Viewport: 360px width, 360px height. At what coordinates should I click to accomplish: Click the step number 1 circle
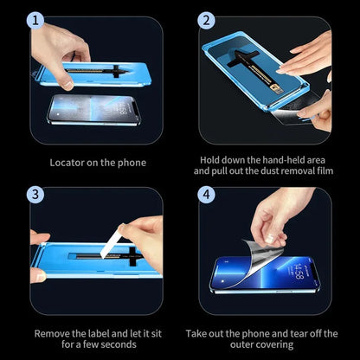[37, 20]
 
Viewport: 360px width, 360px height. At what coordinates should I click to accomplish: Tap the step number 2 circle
[206, 20]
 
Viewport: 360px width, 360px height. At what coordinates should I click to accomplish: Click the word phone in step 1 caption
[125, 162]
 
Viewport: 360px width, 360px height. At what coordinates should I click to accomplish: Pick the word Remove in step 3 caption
[54, 332]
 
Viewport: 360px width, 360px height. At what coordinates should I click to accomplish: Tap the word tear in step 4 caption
[305, 332]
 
